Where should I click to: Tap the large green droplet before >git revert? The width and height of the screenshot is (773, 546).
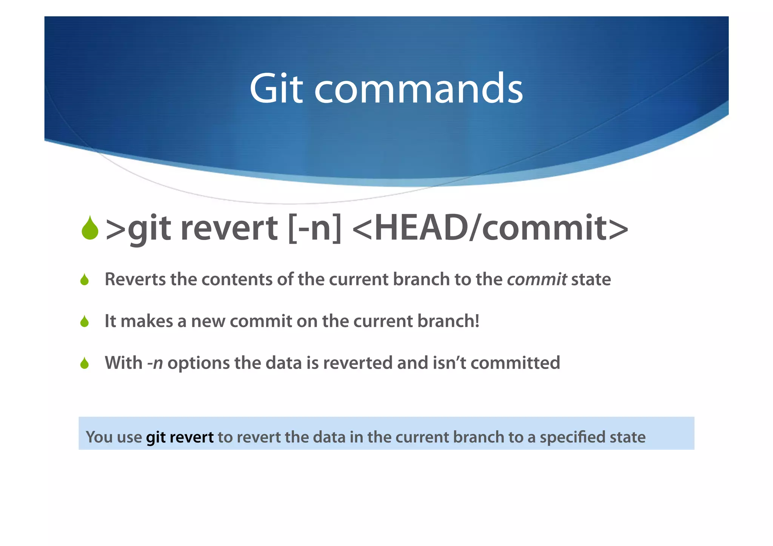[x=90, y=228]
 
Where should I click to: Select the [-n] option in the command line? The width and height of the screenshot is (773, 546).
[x=314, y=228]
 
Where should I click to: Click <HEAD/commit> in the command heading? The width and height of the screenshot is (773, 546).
[x=490, y=228]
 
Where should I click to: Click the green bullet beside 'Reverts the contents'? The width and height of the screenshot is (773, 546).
[x=85, y=280]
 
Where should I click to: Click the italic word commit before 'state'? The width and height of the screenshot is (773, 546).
[x=536, y=280]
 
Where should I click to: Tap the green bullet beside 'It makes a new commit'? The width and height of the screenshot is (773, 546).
[x=85, y=321]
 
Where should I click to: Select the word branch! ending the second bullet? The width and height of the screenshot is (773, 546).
[x=448, y=321]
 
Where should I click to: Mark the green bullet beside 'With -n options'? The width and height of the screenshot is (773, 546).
[x=85, y=363]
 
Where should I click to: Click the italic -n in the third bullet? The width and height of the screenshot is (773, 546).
[x=155, y=363]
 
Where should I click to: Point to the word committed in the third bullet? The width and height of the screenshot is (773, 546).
[x=515, y=363]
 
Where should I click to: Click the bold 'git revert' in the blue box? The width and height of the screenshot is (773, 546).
[x=180, y=437]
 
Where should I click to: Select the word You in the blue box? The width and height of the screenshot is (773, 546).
[x=99, y=437]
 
